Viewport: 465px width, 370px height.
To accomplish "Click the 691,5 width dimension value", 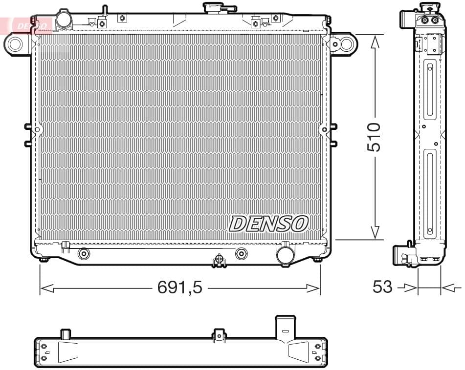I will coord(179,288).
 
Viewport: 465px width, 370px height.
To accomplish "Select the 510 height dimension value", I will coord(374,137).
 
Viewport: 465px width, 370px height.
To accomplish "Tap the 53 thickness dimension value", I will coord(382,287).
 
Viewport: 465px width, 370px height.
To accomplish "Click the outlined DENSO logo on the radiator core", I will coord(268,224).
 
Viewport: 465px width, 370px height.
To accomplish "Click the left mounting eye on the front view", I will coord(15,44).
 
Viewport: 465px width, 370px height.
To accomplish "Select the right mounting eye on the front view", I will coord(346,44).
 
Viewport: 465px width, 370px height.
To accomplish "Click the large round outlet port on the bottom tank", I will coord(285,254).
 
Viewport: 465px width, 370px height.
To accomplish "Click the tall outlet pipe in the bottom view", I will coord(286,327).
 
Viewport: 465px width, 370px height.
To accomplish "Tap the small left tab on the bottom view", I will coord(66,334).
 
